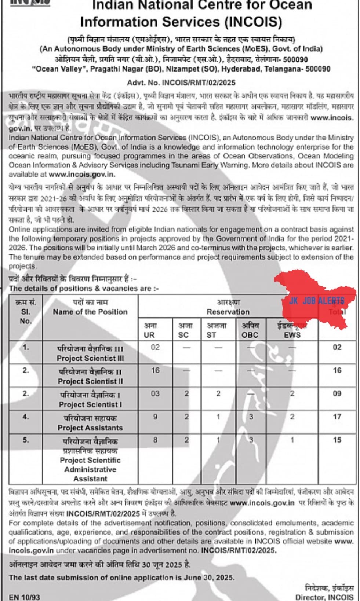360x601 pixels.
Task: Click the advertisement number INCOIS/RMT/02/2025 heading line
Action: [181, 83]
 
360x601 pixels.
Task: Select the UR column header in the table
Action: [149, 330]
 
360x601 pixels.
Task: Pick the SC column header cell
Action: [183, 330]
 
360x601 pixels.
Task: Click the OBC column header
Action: [250, 330]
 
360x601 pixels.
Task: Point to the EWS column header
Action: [292, 331]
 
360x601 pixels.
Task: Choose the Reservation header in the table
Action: [228, 307]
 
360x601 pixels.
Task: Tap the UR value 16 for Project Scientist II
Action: [155, 370]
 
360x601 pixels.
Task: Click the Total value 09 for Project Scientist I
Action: [337, 394]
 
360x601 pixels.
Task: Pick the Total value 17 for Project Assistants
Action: [337, 417]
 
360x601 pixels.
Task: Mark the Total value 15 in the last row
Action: [337, 440]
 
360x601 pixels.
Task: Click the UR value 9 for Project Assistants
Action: [155, 417]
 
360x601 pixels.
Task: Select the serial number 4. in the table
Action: [26, 417]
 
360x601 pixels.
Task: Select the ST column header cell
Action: [211, 330]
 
